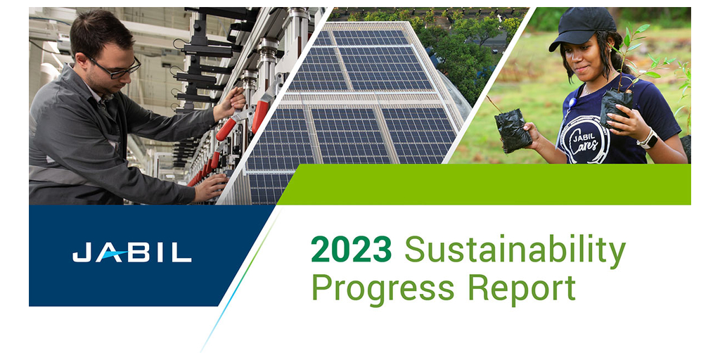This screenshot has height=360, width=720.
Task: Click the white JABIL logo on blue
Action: click(131, 253)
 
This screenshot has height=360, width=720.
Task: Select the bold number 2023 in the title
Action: click(352, 248)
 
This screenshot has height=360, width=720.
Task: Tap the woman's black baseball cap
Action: click(582, 27)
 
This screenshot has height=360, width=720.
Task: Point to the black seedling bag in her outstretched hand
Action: click(513, 130)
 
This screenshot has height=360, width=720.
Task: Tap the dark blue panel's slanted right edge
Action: click(247, 255)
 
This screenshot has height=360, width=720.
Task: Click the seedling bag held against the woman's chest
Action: click(615, 107)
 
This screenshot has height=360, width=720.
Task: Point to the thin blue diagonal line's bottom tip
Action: click(201, 352)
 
